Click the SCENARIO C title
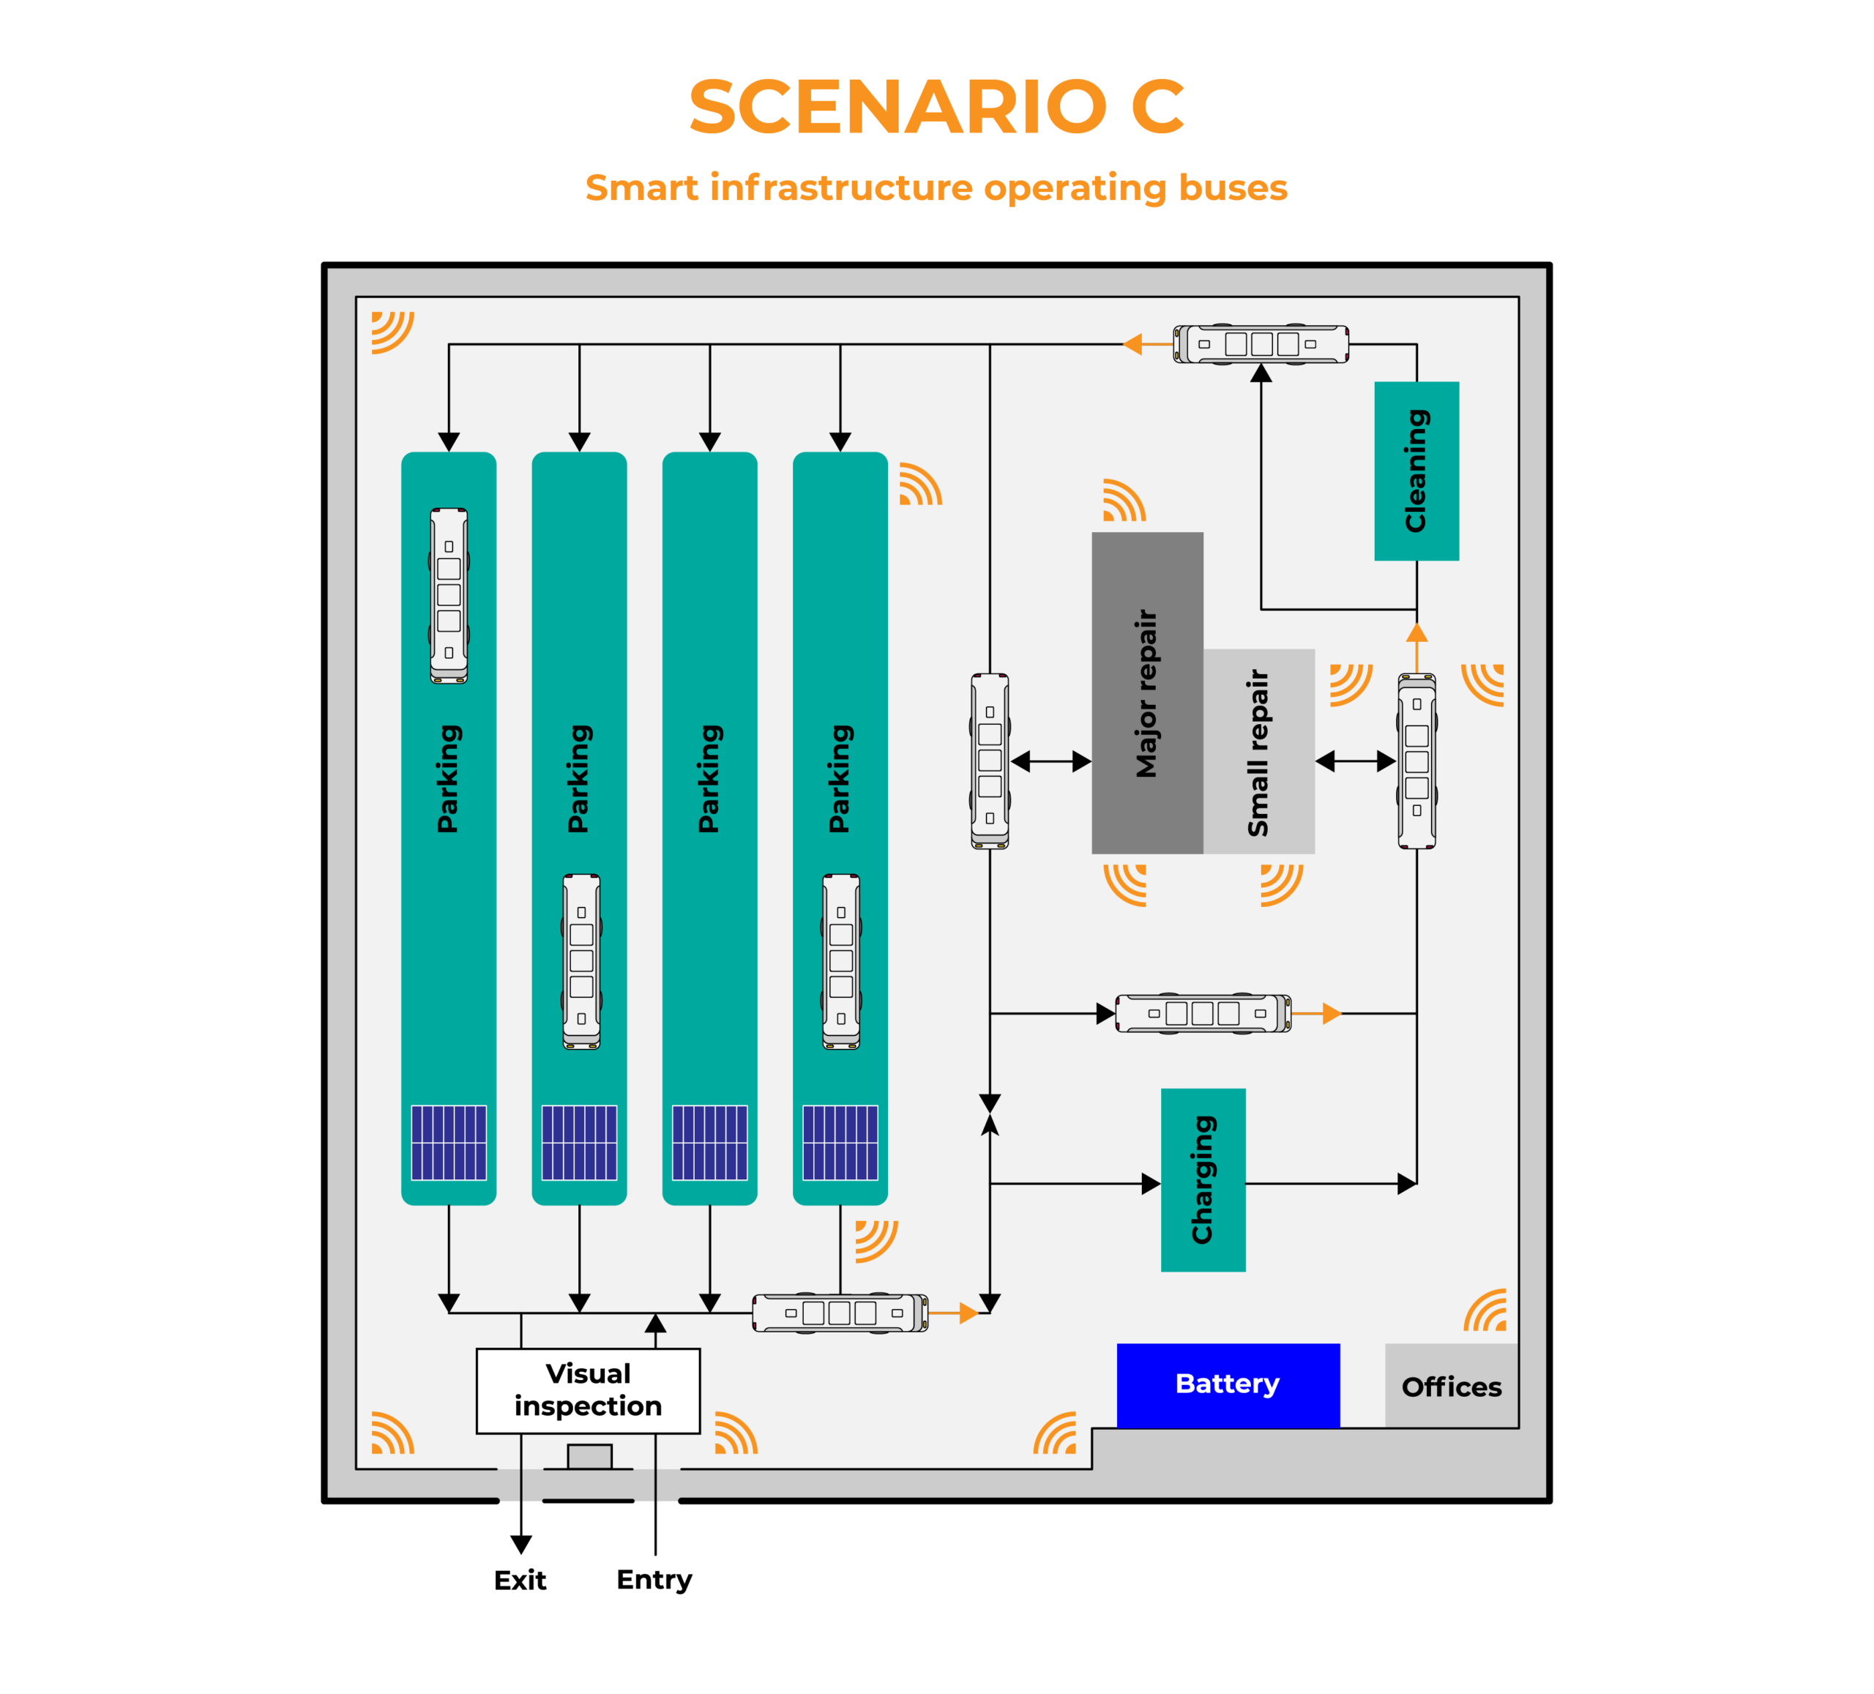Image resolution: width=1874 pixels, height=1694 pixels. [x=936, y=107]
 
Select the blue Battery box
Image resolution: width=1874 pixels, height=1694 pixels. [x=1227, y=1384]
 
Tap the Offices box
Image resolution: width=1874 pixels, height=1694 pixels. [x=1450, y=1387]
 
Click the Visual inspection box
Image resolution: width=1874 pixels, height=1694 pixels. [x=588, y=1390]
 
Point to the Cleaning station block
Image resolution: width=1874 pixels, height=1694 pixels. [x=1416, y=471]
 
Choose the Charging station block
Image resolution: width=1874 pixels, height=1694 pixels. [x=1202, y=1179]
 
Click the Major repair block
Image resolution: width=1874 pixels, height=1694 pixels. [x=1146, y=693]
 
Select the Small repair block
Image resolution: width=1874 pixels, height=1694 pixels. [x=1258, y=751]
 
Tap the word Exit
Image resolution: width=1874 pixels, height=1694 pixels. [x=520, y=1580]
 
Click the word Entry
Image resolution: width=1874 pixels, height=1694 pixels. [x=654, y=1580]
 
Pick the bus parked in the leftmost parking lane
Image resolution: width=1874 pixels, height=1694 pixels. [x=449, y=595]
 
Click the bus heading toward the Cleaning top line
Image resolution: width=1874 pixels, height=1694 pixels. [x=1261, y=344]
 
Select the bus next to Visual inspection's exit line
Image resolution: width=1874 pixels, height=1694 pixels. [x=840, y=1313]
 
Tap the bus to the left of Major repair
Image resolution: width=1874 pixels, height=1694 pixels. [x=990, y=761]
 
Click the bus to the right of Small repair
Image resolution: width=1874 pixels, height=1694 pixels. [x=1416, y=761]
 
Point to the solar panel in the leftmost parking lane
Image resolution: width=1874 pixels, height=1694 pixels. [x=449, y=1143]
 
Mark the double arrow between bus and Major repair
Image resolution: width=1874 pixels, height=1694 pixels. [x=1050, y=761]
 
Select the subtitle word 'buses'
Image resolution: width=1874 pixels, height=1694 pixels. [x=1233, y=188]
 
